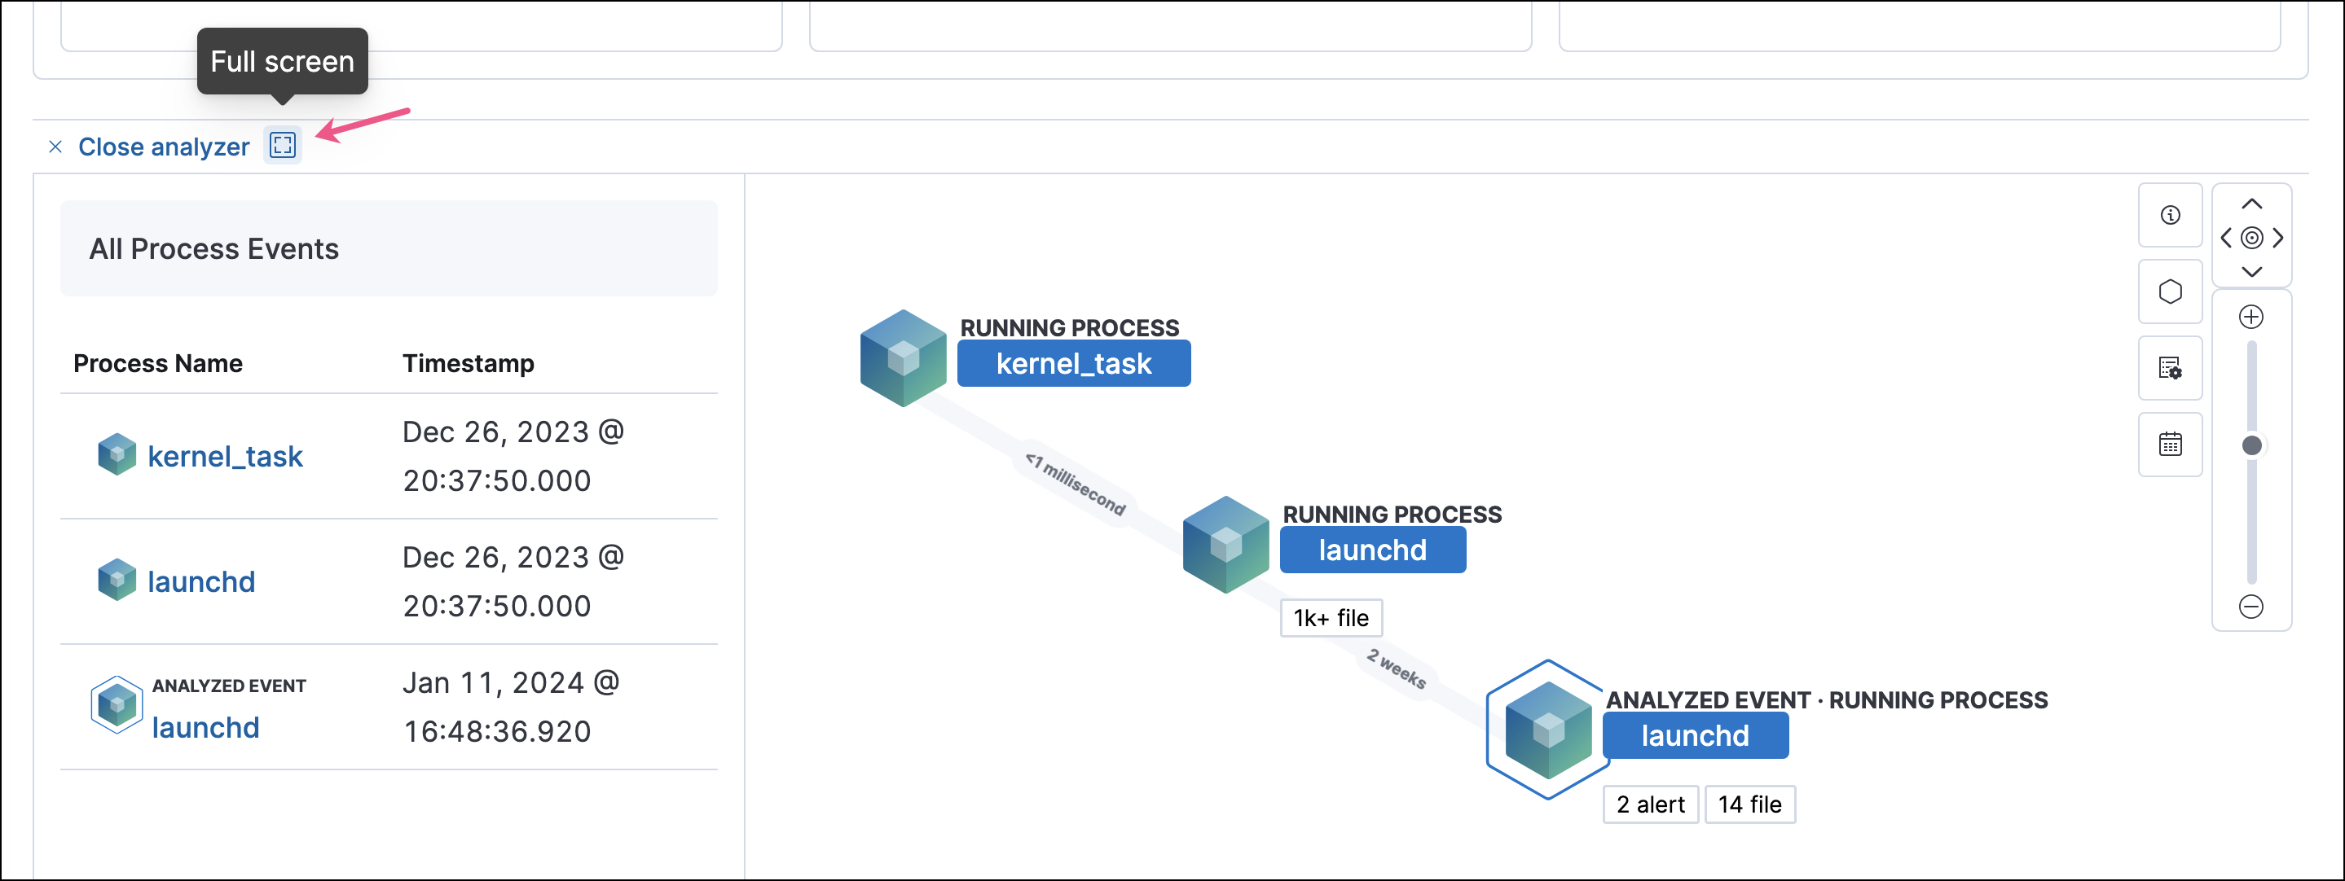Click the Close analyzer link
pyautogui.click(x=163, y=147)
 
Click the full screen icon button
pyautogui.click(x=282, y=145)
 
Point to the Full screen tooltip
pyautogui.click(x=282, y=61)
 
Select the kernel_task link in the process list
pyautogui.click(x=225, y=456)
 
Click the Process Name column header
pyautogui.click(x=157, y=363)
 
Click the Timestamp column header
pyautogui.click(x=468, y=363)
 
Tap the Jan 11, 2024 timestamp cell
pyautogui.click(x=511, y=706)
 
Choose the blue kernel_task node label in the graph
pyautogui.click(x=1073, y=364)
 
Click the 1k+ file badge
pyautogui.click(x=1331, y=618)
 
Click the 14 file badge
pyautogui.click(x=1749, y=804)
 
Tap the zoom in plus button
pyautogui.click(x=2250, y=317)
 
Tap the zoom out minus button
pyautogui.click(x=2250, y=606)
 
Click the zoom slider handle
pyautogui.click(x=2251, y=445)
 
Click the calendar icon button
pyautogui.click(x=2169, y=444)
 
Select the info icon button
pyautogui.click(x=2169, y=215)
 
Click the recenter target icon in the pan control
pyautogui.click(x=2251, y=238)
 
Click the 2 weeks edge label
pyautogui.click(x=1396, y=669)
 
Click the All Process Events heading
pyautogui.click(x=214, y=248)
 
